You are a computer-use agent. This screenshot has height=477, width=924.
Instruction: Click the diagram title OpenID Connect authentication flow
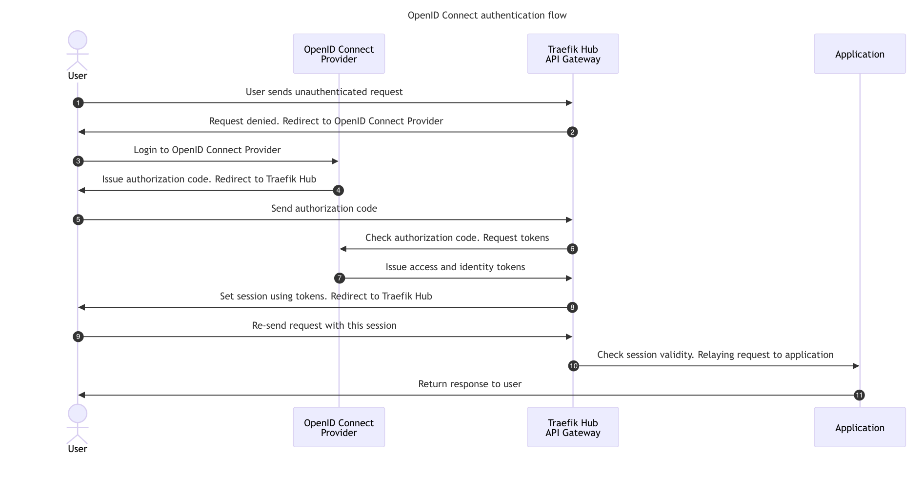coord(487,16)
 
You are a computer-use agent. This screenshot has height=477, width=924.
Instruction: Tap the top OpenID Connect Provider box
coord(339,54)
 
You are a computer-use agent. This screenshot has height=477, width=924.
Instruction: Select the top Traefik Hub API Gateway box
coord(573,54)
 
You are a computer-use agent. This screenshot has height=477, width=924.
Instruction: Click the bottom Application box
coord(860,428)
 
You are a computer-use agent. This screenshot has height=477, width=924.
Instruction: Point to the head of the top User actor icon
coord(78,40)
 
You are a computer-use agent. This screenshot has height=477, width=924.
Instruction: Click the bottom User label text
coord(78,449)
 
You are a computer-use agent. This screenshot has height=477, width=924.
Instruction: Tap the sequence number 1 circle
coord(78,103)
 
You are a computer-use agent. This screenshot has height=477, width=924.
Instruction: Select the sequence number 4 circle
coord(339,191)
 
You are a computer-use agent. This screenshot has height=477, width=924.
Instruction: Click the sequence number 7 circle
coord(340,278)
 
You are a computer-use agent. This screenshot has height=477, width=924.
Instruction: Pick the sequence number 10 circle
coord(574,366)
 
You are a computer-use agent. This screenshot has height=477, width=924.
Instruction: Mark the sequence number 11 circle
coord(860,396)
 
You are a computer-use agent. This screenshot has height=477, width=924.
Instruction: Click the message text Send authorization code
coord(324,209)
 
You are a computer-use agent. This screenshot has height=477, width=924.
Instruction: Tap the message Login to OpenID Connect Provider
coord(207,150)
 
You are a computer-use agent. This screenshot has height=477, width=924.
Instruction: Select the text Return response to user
coord(470,384)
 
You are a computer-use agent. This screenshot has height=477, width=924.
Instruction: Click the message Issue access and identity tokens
coord(455,267)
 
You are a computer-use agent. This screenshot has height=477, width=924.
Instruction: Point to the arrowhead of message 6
coord(343,249)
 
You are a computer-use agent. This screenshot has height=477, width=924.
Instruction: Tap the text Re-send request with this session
coord(324,326)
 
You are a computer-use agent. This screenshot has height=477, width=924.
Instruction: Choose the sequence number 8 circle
coord(572,308)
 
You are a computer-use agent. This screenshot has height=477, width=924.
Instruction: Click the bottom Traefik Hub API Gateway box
coord(573,428)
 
